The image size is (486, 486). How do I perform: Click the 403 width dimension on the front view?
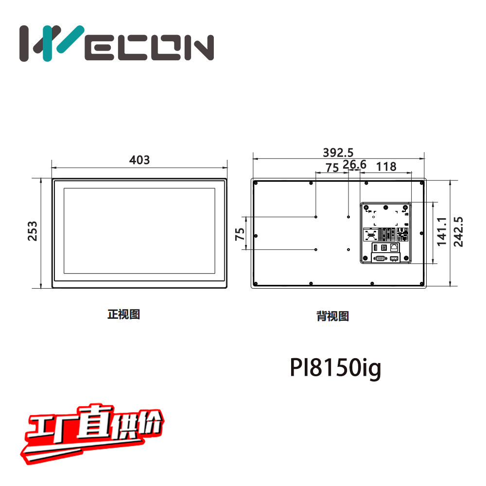point(139,160)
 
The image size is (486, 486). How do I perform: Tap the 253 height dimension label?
point(32,232)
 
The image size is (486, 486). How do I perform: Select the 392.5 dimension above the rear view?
point(338,153)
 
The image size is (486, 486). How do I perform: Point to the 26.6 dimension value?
point(354,165)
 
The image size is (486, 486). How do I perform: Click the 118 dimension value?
point(386,167)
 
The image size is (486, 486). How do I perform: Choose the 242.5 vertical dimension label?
point(458,231)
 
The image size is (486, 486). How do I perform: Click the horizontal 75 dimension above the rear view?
point(332,168)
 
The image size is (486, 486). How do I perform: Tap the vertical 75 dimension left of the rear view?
point(240,234)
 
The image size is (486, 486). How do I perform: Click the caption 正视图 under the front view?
point(123,314)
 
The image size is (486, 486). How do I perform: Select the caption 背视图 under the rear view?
point(332,316)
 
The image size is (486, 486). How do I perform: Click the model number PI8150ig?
point(335,368)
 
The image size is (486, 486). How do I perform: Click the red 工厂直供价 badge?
point(92,433)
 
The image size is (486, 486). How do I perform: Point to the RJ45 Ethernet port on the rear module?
point(395,247)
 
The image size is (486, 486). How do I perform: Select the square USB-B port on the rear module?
point(384,247)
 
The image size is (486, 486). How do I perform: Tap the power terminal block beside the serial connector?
point(394,258)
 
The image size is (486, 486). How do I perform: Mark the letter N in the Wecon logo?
point(198,48)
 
